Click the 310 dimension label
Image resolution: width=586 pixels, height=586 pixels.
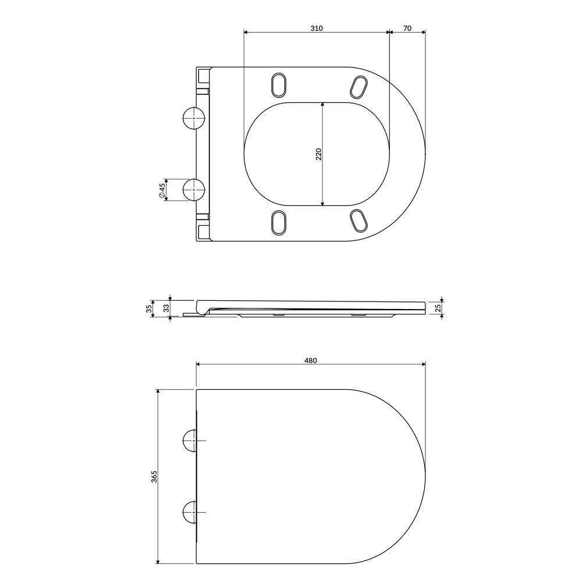[317, 29]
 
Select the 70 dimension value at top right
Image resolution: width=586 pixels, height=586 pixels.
[407, 29]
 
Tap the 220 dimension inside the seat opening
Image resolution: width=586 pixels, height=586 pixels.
[318, 154]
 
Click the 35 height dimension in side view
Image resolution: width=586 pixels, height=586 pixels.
[149, 308]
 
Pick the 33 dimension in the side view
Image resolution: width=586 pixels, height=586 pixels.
[166, 308]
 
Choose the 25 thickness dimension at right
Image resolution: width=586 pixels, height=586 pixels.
[438, 308]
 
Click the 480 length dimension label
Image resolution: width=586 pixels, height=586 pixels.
[311, 361]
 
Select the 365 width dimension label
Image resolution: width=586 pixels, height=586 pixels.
[154, 477]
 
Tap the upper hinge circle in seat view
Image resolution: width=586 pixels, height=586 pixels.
[194, 118]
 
